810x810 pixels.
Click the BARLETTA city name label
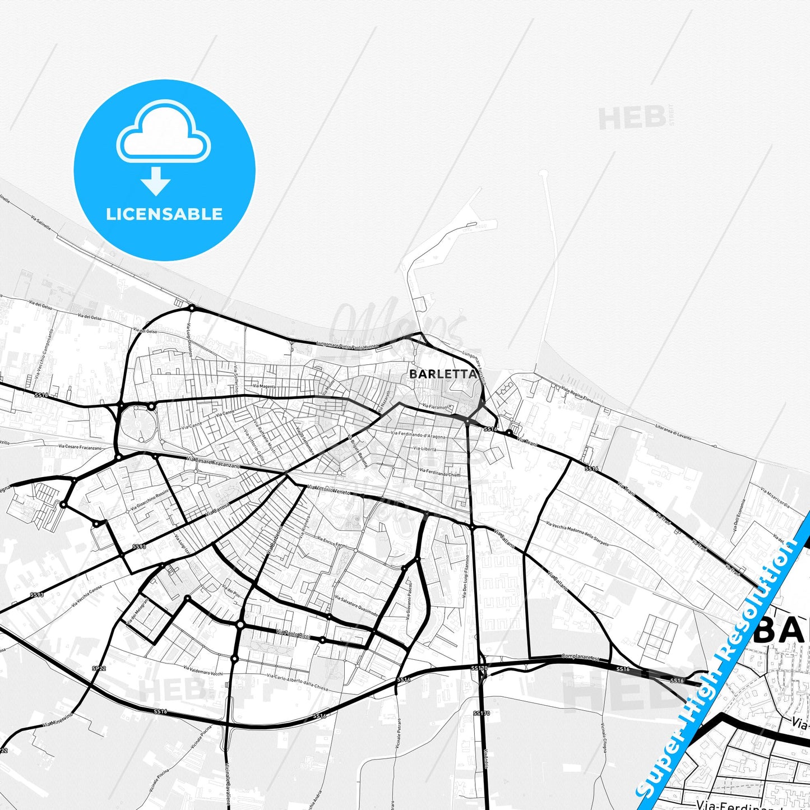coord(443,374)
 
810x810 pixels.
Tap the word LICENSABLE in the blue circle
coord(164,214)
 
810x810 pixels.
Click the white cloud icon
coord(164,133)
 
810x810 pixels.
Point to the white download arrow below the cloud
coord(156,181)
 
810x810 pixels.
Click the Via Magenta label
coord(264,386)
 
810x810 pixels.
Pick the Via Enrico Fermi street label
coord(332,543)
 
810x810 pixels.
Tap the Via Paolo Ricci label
coord(293,634)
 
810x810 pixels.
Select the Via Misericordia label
coord(775,497)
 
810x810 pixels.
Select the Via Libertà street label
coord(425,448)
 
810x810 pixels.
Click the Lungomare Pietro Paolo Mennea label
coord(348,345)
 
